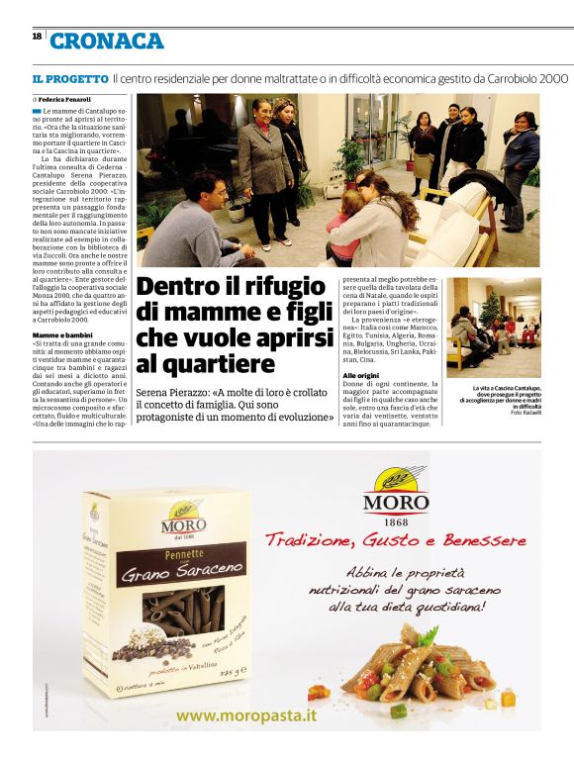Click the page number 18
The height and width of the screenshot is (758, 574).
(x=37, y=36)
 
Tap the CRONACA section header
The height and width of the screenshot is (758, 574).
(x=107, y=41)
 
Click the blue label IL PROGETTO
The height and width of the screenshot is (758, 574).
(x=69, y=77)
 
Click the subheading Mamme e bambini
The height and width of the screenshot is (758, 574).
(x=62, y=336)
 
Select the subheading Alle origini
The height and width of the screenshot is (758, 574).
(x=361, y=377)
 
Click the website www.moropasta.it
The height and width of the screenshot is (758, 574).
(x=247, y=713)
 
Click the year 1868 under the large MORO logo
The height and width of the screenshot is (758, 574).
(x=395, y=522)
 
